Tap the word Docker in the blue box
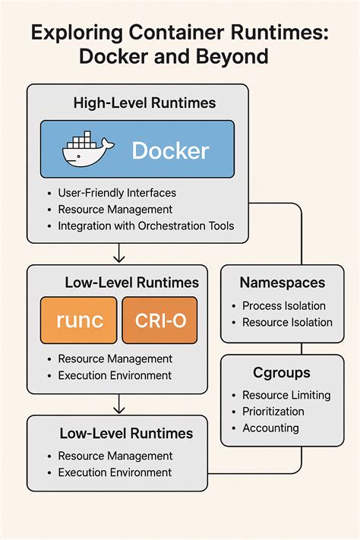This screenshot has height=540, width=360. click(170, 150)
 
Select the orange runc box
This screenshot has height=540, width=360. click(79, 320)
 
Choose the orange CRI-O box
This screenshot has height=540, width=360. click(160, 320)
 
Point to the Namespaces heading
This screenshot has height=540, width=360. click(283, 283)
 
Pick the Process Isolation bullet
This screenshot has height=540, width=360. click(283, 305)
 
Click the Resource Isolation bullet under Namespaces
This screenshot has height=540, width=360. click(286, 322)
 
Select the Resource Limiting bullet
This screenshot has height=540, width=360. click(286, 395)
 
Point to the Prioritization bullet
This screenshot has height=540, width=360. click(273, 411)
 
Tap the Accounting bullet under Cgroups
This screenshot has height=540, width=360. click(270, 428)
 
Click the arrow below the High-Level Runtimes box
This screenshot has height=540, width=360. click(118, 253)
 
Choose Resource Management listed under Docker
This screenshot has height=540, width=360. click(115, 209)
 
